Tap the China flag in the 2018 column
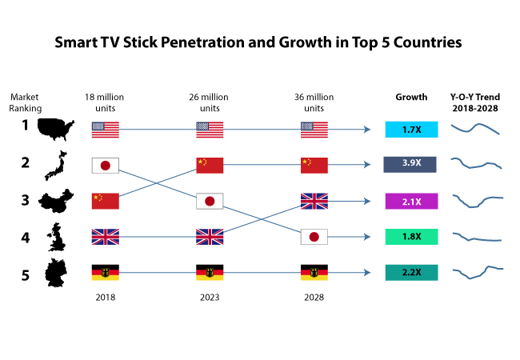[106, 201]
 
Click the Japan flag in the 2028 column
[314, 237]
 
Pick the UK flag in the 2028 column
[314, 201]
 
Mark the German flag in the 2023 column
[210, 273]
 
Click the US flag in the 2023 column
[210, 129]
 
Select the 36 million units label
[314, 103]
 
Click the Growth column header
[411, 98]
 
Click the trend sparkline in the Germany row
[478, 272]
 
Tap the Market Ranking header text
[25, 103]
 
